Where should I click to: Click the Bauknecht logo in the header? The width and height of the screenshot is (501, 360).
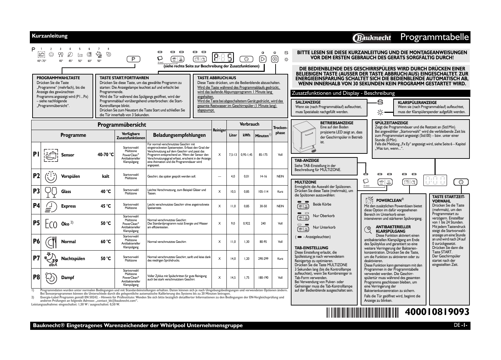tap(372, 38)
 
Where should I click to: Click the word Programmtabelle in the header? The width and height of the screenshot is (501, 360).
tap(435, 37)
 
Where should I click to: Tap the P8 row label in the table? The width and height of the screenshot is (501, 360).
tap(36, 277)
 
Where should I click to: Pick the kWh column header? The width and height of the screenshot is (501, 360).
tap(246, 135)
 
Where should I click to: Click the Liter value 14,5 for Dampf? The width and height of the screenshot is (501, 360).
tap(233, 278)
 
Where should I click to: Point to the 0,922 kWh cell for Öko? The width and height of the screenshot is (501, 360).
tap(246, 224)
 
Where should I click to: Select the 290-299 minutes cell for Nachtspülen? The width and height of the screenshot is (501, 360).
tap(263, 258)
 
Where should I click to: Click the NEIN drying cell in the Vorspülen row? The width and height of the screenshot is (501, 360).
tap(280, 176)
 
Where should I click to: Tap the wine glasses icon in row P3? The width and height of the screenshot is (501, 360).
tap(51, 192)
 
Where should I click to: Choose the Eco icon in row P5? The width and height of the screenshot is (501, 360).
tap(51, 224)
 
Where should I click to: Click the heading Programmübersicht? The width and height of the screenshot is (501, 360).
tap(122, 125)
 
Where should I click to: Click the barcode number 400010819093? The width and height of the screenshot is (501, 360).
tap(437, 312)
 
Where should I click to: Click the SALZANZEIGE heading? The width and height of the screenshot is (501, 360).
tap(308, 102)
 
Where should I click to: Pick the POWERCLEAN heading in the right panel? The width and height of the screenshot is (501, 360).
tap(389, 200)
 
